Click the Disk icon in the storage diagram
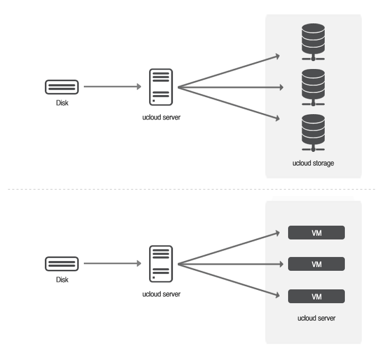coord(62,87)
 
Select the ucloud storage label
coord(313,163)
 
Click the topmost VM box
coord(316,233)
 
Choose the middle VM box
coord(316,264)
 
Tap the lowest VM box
coord(316,296)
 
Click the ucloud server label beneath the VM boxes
coord(316,318)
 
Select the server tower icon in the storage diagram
coord(161,87)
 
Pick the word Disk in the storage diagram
coord(62,103)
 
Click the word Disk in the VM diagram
coord(62,280)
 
